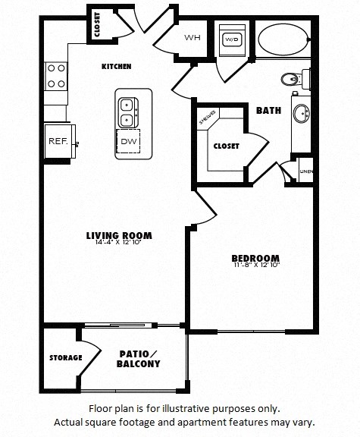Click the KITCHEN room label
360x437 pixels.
pos(116,67)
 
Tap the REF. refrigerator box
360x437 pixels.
pos(58,141)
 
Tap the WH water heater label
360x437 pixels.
pos(191,38)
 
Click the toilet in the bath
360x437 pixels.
pos(292,78)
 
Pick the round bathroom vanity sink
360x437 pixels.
pos(301,115)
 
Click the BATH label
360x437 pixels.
pos(268,111)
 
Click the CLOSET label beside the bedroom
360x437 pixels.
pos(226,146)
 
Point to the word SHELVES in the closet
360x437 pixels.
pos(207,118)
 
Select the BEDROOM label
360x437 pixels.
pos(255,258)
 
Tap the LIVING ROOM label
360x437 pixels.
pos(120,235)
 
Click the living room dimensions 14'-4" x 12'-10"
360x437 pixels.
pos(120,243)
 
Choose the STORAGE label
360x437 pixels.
pos(65,357)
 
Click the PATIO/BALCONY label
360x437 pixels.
pos(139,359)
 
